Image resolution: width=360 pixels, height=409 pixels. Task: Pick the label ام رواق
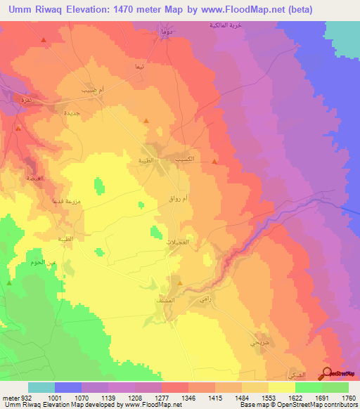[x=174, y=200]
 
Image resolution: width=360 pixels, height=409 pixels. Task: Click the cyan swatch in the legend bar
[x=41, y=387]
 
